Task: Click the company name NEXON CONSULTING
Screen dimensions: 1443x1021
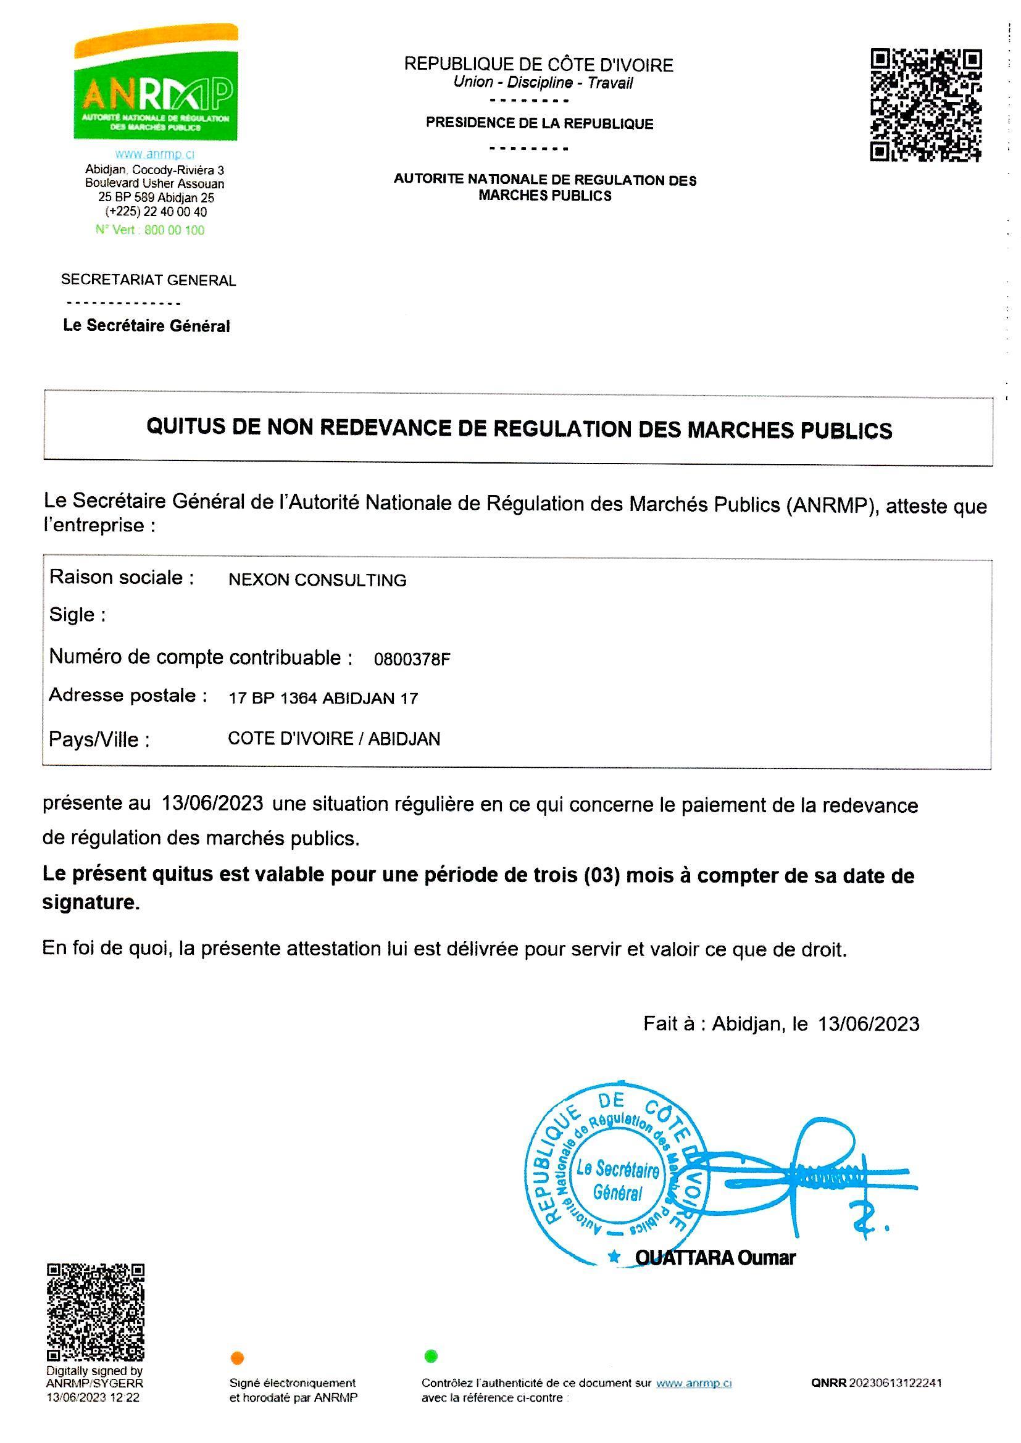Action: (317, 580)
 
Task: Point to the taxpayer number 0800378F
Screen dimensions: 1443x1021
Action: (412, 659)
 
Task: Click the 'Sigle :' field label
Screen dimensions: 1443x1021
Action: (77, 615)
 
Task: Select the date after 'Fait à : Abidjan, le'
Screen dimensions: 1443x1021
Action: (869, 1024)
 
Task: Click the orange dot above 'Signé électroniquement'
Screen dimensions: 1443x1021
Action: (238, 1358)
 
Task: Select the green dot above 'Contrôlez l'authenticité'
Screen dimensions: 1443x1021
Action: (431, 1355)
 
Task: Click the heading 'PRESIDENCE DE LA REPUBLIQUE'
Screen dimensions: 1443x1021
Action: (540, 124)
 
